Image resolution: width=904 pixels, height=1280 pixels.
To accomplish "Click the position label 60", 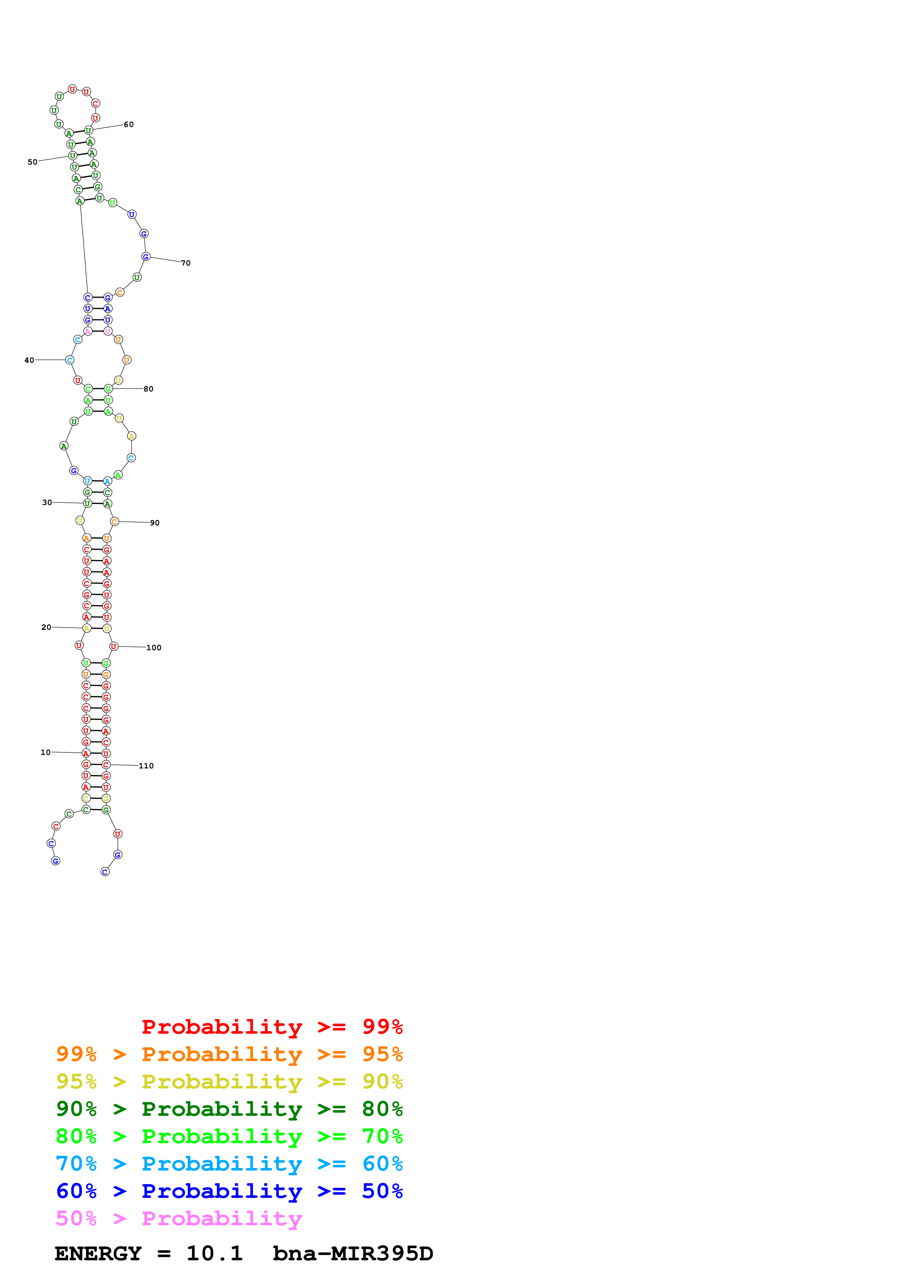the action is click(x=129, y=124).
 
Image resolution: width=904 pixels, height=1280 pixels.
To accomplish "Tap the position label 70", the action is click(x=186, y=263).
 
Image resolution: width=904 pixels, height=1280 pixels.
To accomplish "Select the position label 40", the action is click(x=29, y=360).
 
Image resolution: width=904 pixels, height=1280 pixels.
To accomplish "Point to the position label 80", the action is click(x=148, y=389).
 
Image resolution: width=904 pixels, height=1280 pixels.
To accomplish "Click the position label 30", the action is click(x=47, y=502).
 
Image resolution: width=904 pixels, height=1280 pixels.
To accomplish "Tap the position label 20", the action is click(x=46, y=627).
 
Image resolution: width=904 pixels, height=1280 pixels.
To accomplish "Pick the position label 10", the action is click(x=45, y=752).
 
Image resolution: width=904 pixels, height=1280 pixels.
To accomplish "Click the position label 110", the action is click(x=146, y=766).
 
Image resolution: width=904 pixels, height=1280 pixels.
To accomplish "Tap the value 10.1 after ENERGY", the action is click(x=214, y=1254).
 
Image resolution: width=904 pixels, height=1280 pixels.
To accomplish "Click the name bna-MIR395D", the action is click(x=353, y=1254).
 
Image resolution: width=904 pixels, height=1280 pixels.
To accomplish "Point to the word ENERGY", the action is click(x=98, y=1254).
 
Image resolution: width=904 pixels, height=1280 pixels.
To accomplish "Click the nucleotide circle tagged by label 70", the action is click(x=146, y=257).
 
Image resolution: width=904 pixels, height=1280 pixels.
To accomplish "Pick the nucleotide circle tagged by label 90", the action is click(x=114, y=522).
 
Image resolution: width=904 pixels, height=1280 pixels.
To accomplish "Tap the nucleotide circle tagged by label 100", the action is click(x=114, y=646).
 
